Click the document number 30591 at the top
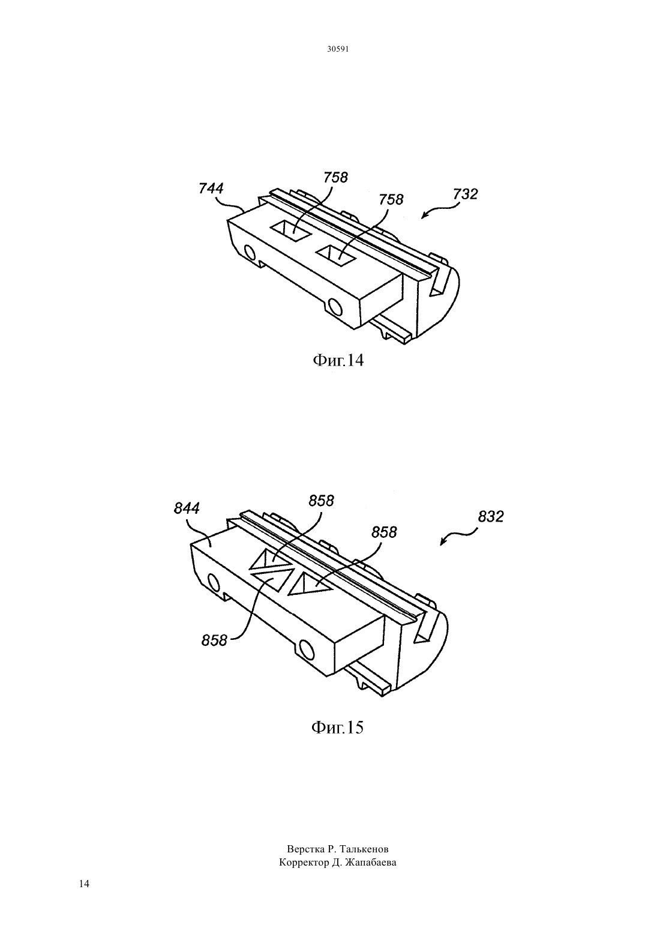pos(337,49)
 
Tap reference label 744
pos(211,188)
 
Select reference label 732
pos(465,194)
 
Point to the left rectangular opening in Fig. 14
pos(291,230)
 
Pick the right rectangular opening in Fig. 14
pos(337,255)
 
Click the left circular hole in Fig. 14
pos(250,253)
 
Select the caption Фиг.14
pos(338,360)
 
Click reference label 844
pos(187,508)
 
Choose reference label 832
pos(490,517)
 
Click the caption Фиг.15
pos(337,727)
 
